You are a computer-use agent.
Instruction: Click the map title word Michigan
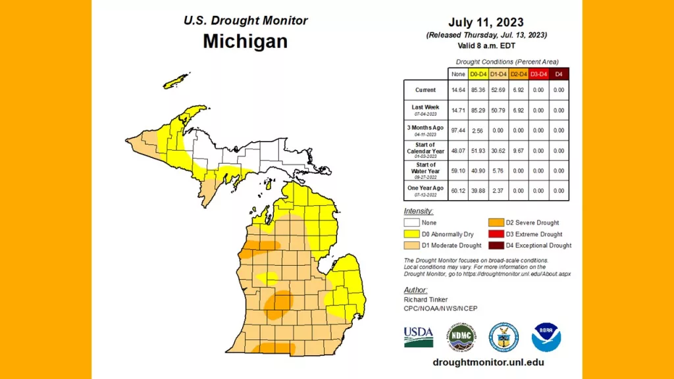coord(245,41)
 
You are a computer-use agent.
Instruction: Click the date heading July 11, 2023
coord(486,22)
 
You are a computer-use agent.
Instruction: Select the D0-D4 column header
coord(478,74)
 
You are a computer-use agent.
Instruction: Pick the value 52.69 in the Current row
coord(498,90)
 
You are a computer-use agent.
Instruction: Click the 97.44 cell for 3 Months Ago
coord(458,130)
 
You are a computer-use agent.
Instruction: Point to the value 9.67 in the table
coord(518,151)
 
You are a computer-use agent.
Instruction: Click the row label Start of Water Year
coord(425,168)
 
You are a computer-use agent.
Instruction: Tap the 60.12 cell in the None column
coord(458,190)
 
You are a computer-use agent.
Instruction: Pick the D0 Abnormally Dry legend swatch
coord(411,234)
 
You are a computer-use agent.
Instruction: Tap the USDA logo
coord(419,336)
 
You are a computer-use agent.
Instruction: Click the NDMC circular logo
coord(462,336)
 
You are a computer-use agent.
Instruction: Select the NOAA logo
coord(546,336)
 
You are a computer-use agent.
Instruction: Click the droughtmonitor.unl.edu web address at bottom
coord(488,363)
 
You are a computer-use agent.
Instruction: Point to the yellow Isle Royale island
coord(174,82)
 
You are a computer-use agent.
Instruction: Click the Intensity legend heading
coord(419,211)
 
